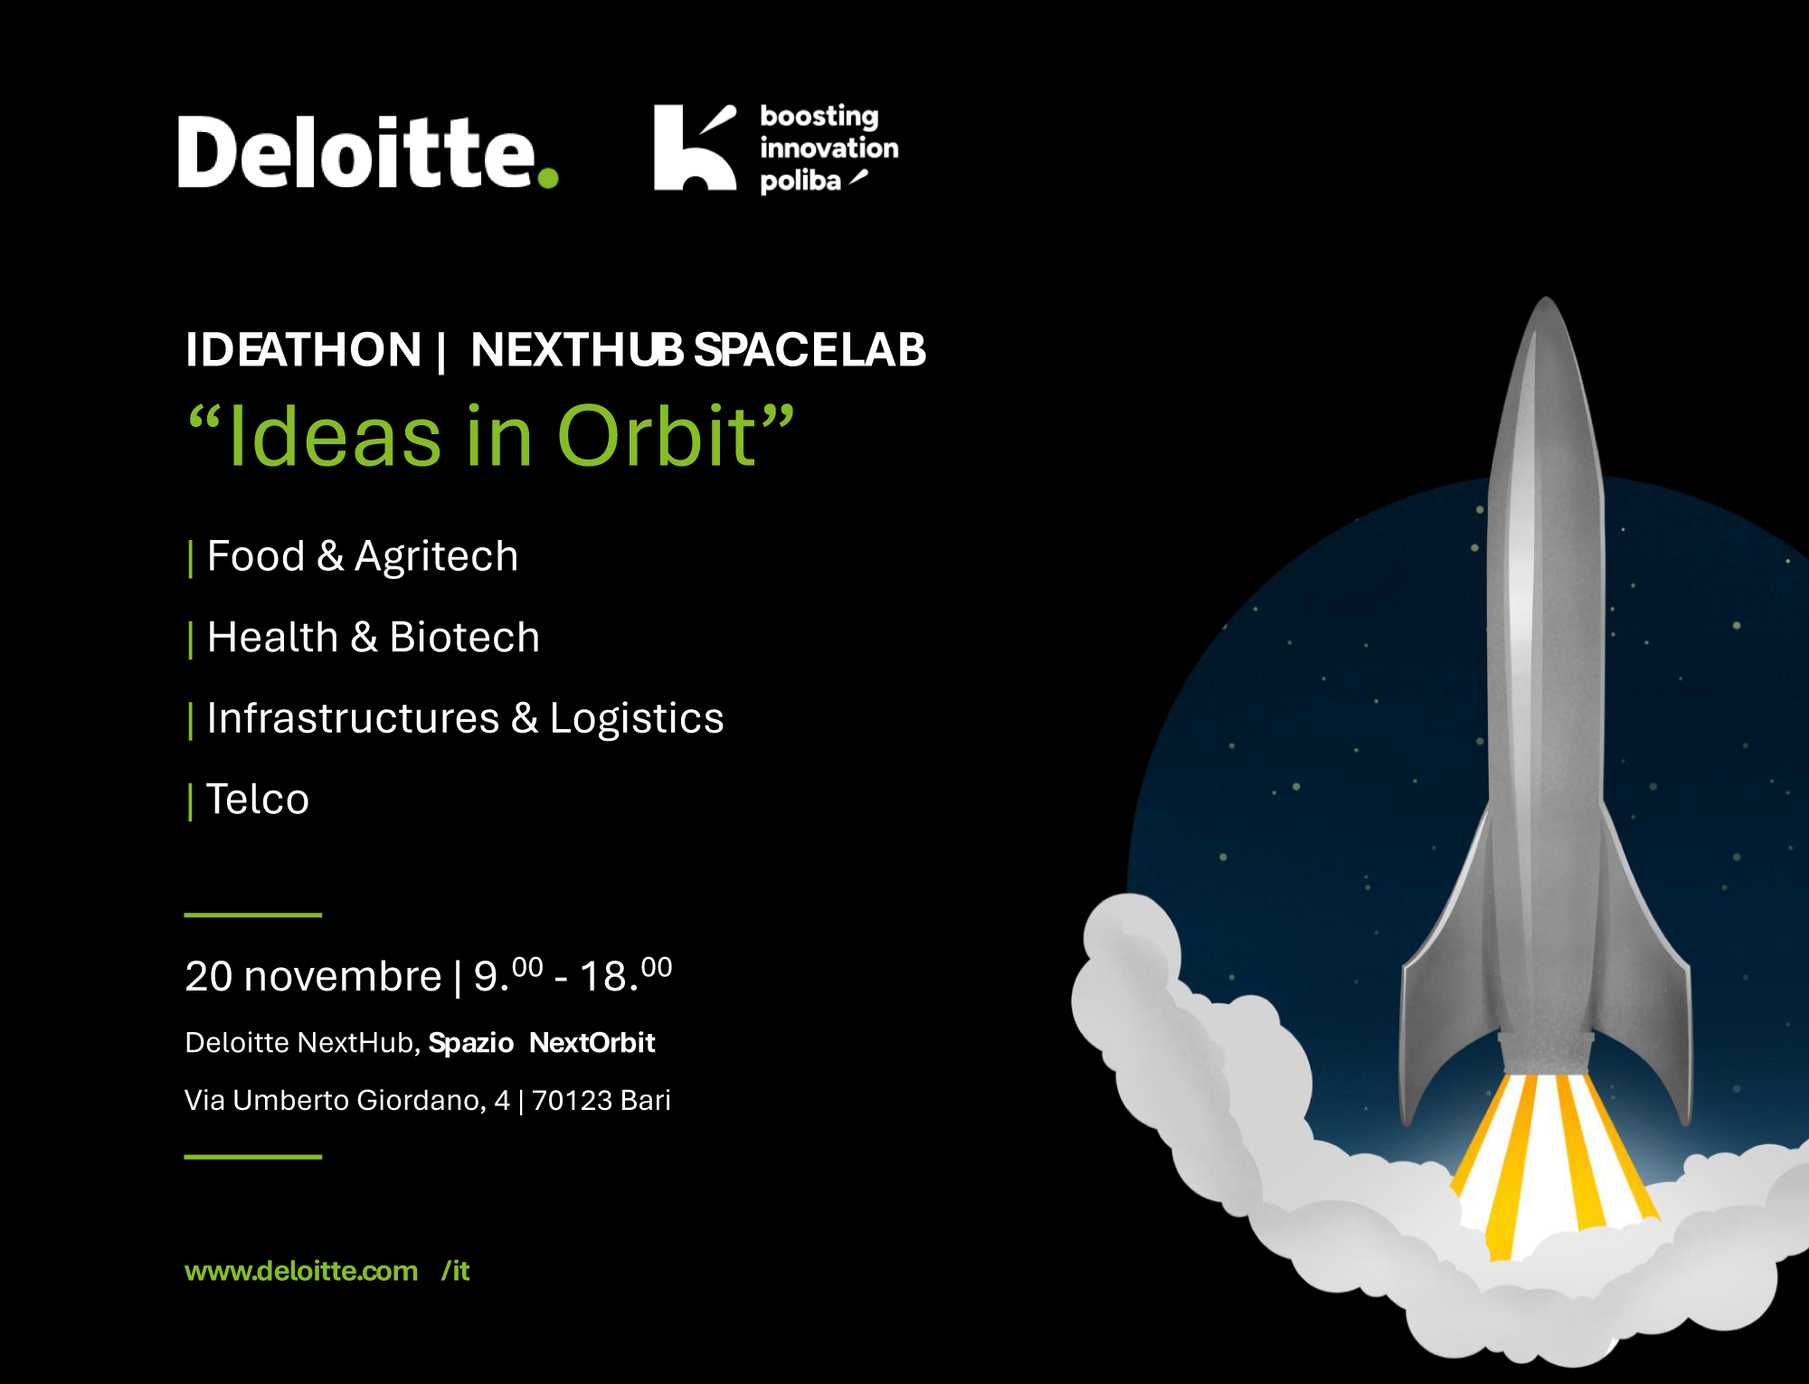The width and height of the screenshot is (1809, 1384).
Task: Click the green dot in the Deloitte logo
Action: tap(548, 176)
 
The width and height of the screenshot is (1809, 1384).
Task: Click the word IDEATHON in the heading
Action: tap(303, 350)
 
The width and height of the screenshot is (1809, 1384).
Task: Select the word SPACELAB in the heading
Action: tap(810, 350)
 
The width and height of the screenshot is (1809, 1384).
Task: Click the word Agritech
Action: tap(436, 556)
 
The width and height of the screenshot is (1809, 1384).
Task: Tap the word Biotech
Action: tap(464, 637)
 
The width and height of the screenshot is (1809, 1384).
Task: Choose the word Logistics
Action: tap(637, 719)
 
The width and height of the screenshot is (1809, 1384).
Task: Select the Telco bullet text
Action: tap(258, 800)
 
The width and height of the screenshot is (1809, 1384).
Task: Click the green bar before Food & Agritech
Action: tap(190, 558)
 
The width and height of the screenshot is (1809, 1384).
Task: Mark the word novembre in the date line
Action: tap(343, 977)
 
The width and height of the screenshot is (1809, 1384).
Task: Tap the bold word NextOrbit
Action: tap(592, 1043)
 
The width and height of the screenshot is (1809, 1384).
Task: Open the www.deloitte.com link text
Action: tap(301, 1272)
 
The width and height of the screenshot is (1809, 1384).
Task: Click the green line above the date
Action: tap(253, 915)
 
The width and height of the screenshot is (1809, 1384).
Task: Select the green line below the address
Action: tap(253, 1157)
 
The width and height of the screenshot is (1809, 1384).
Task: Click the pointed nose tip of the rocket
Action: tap(1547, 298)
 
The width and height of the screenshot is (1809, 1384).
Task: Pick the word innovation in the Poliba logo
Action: tap(829, 147)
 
